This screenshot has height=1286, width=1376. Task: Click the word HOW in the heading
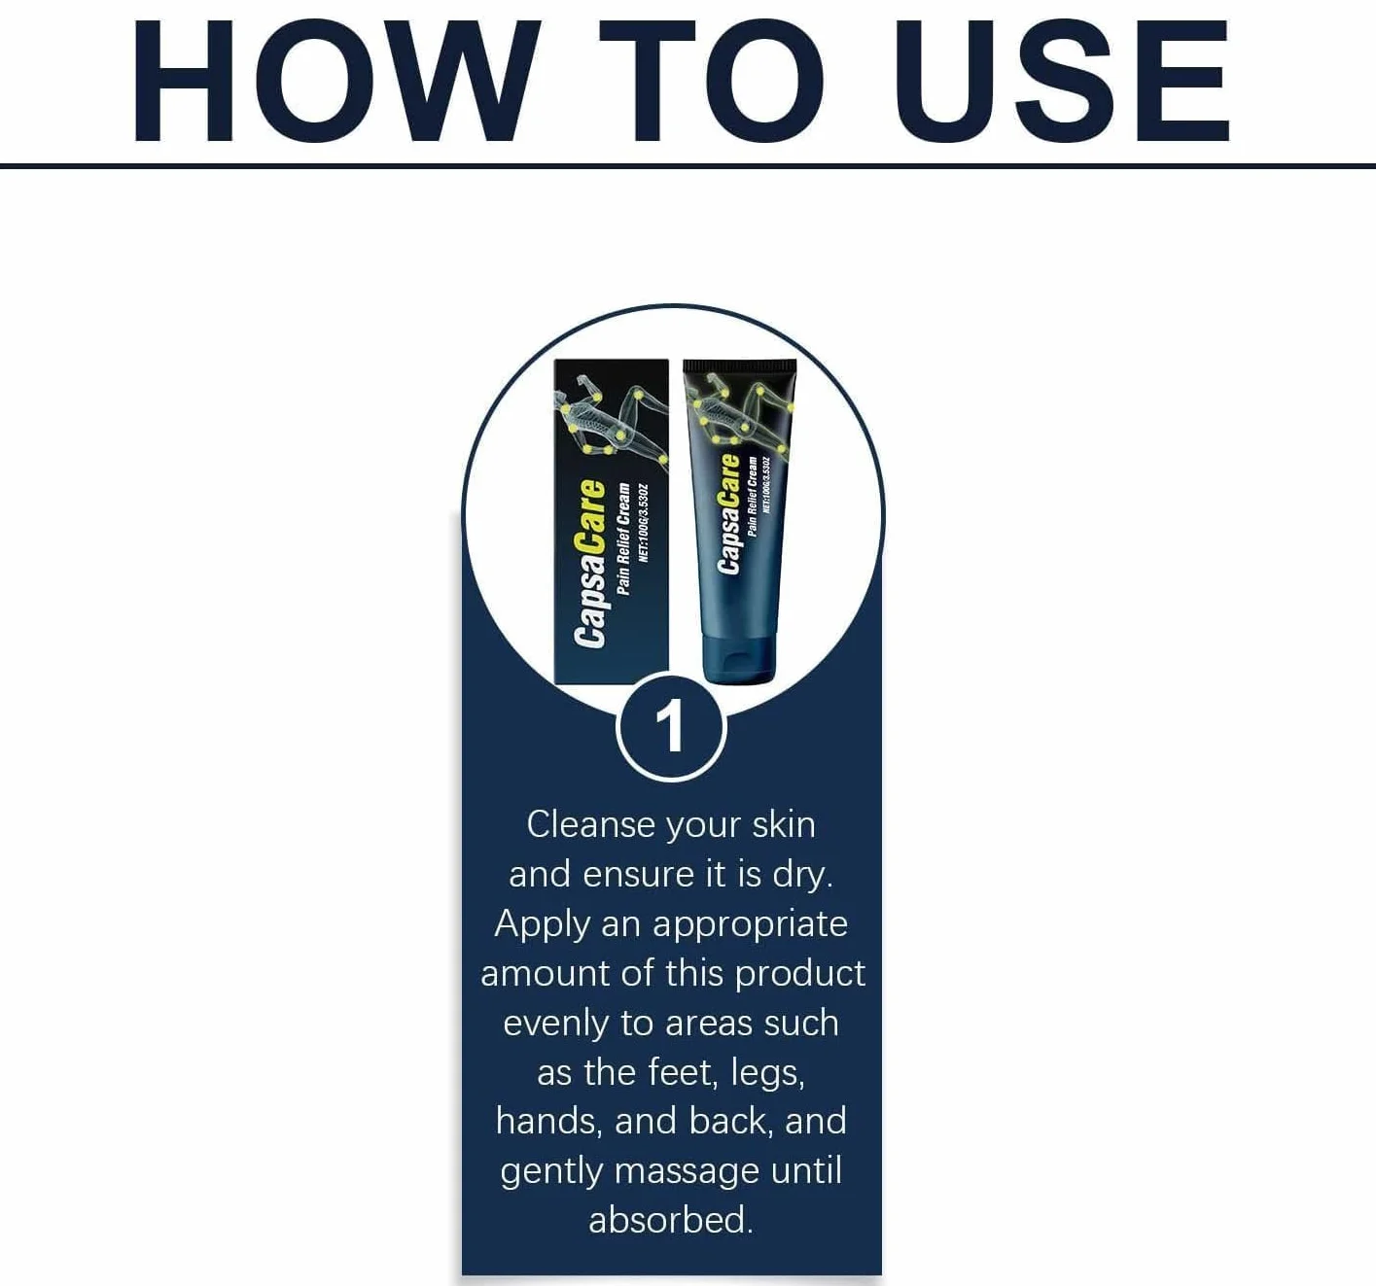pyautogui.click(x=336, y=82)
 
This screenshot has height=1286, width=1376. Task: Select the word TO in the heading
pyautogui.click(x=712, y=82)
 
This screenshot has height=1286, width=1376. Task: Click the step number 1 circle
pyautogui.click(x=671, y=727)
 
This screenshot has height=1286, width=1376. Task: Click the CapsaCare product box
pyautogui.click(x=611, y=521)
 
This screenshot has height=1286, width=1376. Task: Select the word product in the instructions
pyautogui.click(x=799, y=974)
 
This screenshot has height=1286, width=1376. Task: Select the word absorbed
pyautogui.click(x=671, y=1220)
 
